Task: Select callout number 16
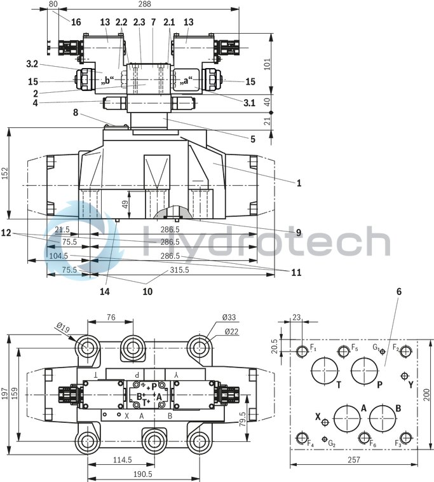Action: coord(76,22)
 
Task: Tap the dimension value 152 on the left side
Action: coord(5,173)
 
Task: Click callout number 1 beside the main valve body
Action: coord(298,183)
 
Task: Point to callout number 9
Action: coord(298,233)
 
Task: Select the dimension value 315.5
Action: coord(179,270)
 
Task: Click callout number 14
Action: coord(105,292)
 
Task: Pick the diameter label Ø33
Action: coord(229,317)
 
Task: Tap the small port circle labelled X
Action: coord(325,422)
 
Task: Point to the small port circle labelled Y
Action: coord(404,376)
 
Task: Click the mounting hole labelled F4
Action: coord(302,437)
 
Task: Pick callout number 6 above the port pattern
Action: coord(398,291)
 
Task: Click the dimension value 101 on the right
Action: coord(267,64)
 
